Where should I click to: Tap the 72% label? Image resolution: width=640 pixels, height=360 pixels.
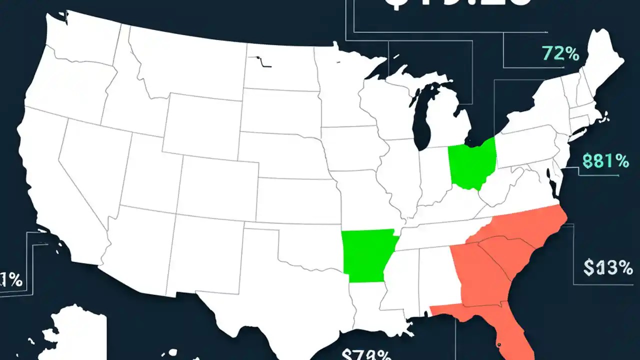pos(559,53)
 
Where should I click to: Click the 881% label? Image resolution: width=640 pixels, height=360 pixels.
pos(605,161)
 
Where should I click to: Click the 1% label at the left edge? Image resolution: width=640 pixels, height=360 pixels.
pos(11,280)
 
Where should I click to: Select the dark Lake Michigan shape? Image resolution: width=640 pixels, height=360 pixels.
pos(425,115)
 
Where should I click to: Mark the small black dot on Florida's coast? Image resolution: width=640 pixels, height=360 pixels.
pos(498,344)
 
